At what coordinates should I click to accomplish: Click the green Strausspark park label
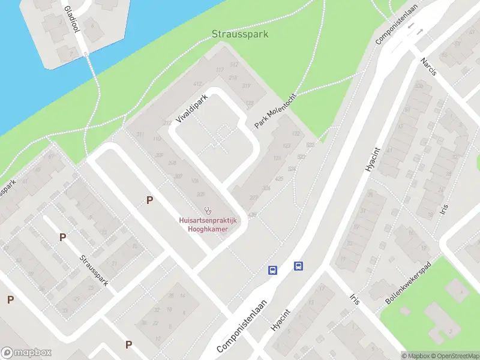tap(240, 34)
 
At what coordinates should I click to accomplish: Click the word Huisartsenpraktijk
tap(208, 220)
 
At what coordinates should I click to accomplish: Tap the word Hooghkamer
tap(208, 229)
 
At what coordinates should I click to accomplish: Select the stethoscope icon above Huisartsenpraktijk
tap(208, 210)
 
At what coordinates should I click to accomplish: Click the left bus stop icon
tap(272, 270)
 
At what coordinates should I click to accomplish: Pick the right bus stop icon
tap(298, 266)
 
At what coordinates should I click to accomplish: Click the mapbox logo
tap(26, 353)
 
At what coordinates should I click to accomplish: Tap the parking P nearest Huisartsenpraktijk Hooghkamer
tap(149, 200)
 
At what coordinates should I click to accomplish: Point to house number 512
tap(234, 65)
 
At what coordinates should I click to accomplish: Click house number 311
tap(246, 86)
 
